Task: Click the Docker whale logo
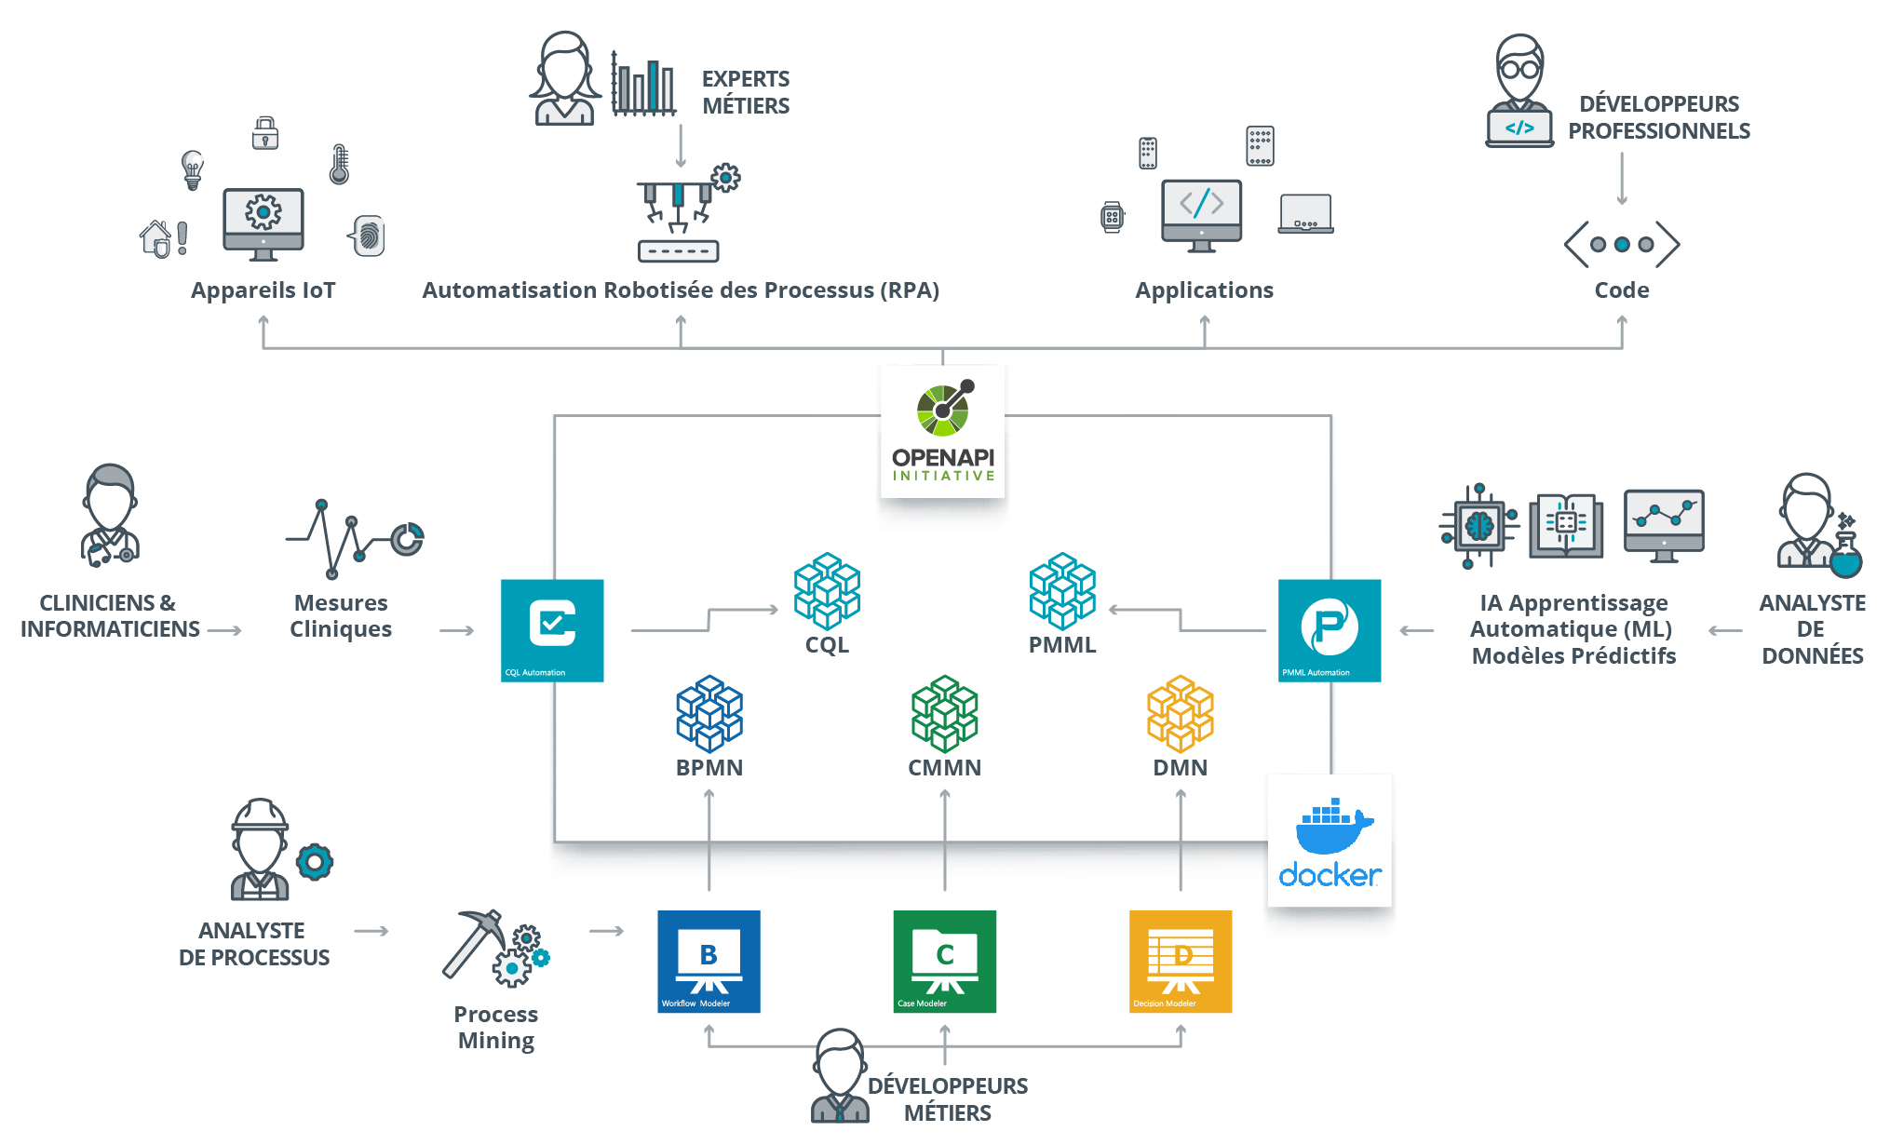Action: [1330, 828]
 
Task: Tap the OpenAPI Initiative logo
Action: [943, 430]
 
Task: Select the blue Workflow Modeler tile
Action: [709, 962]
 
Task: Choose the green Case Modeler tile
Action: [944, 962]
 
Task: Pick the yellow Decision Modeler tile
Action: [1180, 962]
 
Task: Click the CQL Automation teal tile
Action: [552, 630]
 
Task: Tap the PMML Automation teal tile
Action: [1329, 630]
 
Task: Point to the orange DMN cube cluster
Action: [1180, 713]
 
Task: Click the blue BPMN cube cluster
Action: [709, 713]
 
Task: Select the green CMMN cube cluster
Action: [944, 713]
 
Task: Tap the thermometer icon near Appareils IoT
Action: [339, 164]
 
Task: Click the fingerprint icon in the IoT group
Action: [369, 236]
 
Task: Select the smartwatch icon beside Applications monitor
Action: [1112, 217]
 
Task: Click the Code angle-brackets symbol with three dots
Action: [1621, 244]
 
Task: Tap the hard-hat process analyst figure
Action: [261, 848]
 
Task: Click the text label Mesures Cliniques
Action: [341, 615]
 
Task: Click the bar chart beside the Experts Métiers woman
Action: [642, 86]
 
